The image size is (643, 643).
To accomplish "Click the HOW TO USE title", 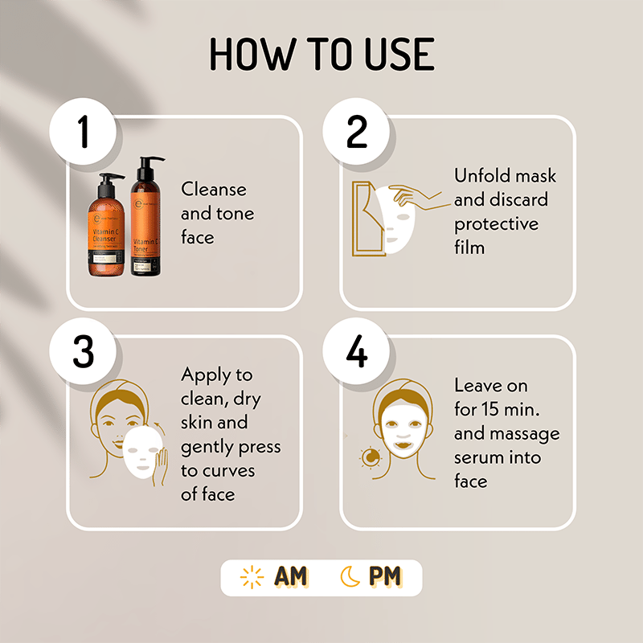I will pos(321,54).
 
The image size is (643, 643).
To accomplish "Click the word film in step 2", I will pos(469,248).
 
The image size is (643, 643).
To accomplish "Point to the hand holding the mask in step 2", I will pos(414,195).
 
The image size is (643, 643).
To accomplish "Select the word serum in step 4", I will pos(479,457).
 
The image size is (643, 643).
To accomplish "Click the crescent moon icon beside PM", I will pos(350,577).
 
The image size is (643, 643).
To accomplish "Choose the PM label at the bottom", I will pos(385,577).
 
